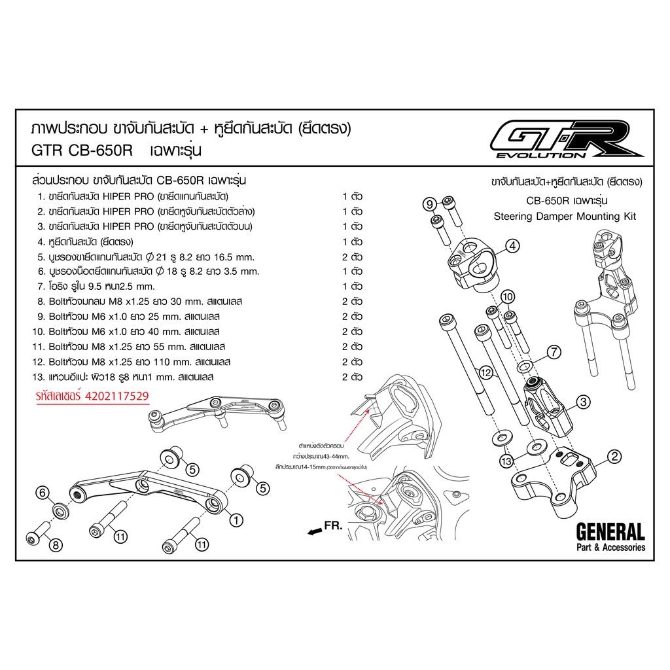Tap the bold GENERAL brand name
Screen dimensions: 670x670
click(x=610, y=531)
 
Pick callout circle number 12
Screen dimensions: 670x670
click(x=485, y=372)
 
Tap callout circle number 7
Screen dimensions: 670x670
click(x=554, y=352)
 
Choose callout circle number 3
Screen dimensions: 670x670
click(x=583, y=401)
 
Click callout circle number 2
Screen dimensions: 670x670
click(x=614, y=457)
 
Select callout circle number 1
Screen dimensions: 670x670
click(x=236, y=520)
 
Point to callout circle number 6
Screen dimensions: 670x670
click(x=42, y=493)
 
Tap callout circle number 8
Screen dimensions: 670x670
click(x=56, y=544)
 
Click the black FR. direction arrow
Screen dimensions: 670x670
click(x=316, y=531)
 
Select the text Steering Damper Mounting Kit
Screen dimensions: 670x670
click(x=565, y=216)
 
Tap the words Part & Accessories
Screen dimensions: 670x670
click(x=610, y=547)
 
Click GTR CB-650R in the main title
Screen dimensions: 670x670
click(x=82, y=150)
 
